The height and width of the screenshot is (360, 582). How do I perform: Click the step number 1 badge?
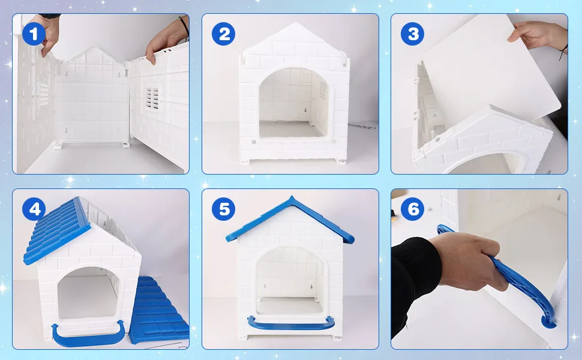34,34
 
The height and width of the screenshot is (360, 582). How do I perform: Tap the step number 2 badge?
223,34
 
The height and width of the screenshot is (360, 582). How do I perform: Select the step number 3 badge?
412,34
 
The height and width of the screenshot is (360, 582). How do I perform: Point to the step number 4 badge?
34,209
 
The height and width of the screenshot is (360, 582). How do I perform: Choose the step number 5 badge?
223,209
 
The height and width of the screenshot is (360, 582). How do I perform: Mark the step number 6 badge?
412,209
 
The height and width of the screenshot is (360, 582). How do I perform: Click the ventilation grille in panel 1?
152,99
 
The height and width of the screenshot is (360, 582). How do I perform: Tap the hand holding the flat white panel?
538,35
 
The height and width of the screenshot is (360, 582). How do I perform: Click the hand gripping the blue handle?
469,260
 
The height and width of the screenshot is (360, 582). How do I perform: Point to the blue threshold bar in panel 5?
291,323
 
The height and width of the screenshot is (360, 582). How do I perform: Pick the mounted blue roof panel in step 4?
56,231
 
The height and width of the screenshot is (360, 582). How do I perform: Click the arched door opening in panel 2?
293,103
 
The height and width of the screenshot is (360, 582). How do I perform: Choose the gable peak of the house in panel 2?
295,24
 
